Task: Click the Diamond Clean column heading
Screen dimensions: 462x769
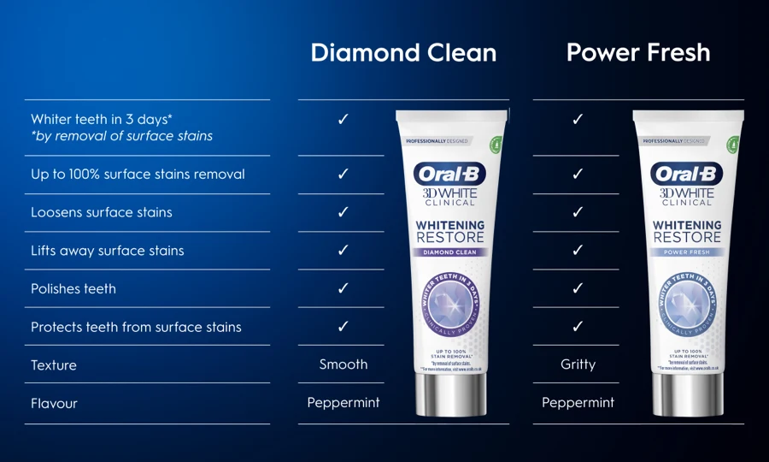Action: [403, 53]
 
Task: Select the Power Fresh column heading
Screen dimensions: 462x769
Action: [638, 53]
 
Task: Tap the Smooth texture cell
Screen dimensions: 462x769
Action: [343, 364]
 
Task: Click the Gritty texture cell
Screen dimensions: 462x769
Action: [578, 364]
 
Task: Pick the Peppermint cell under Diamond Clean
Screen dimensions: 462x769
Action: [343, 402]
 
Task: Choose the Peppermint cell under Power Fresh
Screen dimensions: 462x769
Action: [578, 402]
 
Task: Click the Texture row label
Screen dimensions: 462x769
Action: [54, 365]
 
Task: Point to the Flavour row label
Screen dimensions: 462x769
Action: [55, 403]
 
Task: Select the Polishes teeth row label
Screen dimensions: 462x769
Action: [73, 289]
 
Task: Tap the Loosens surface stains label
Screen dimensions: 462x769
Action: [102, 212]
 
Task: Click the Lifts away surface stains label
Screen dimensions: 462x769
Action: [108, 251]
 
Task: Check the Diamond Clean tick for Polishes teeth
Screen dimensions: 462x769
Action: [343, 288]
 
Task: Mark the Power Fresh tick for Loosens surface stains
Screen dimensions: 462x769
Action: [578, 212]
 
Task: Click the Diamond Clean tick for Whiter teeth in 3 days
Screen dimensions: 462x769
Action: [343, 119]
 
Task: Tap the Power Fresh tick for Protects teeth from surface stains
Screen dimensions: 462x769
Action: [578, 326]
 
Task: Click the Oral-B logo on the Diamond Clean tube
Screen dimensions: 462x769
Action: [450, 175]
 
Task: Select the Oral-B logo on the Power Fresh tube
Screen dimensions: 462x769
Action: [687, 175]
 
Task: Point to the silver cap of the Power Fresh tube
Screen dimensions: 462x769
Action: [687, 394]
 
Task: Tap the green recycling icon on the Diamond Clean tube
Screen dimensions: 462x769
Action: [495, 143]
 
